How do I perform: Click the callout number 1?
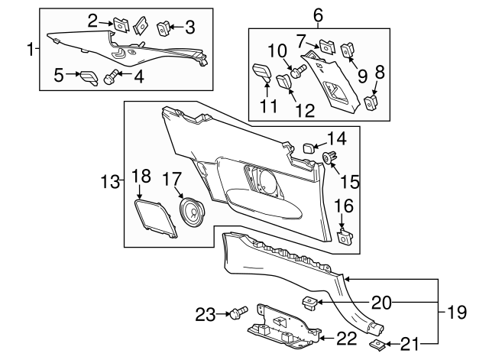click(31, 50)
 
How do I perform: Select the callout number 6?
click(319, 14)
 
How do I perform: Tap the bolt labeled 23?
click(239, 313)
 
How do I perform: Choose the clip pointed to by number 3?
click(163, 29)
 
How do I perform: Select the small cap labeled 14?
click(302, 147)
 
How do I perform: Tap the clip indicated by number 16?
click(344, 236)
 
